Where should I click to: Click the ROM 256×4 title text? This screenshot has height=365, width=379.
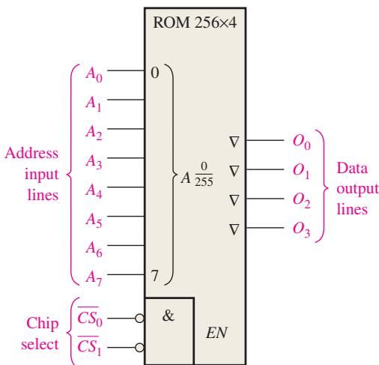click(x=195, y=22)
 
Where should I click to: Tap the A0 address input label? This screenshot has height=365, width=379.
click(x=94, y=75)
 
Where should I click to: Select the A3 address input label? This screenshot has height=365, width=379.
click(x=94, y=162)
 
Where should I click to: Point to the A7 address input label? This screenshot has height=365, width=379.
click(x=94, y=278)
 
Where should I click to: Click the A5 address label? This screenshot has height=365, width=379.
click(x=94, y=220)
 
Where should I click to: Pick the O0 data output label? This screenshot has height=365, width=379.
click(x=302, y=142)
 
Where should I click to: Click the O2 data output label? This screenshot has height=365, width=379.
click(x=302, y=200)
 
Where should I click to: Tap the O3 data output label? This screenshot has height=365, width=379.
click(x=302, y=229)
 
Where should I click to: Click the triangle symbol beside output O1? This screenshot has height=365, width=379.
click(x=234, y=171)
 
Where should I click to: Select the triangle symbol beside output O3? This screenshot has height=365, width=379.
click(x=234, y=229)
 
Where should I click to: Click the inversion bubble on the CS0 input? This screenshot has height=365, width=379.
click(x=139, y=319)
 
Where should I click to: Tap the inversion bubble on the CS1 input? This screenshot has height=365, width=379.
click(x=139, y=348)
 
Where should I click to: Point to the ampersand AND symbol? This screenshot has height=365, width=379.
click(x=169, y=316)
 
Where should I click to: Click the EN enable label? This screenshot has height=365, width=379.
click(x=216, y=333)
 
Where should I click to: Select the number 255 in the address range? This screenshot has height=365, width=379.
click(x=204, y=181)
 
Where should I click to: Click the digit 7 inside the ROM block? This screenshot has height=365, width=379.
click(x=155, y=276)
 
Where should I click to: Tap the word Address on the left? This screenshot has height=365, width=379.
click(x=31, y=153)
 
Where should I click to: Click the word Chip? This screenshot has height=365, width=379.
click(x=43, y=324)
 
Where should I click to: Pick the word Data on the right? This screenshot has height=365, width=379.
click(x=352, y=168)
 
